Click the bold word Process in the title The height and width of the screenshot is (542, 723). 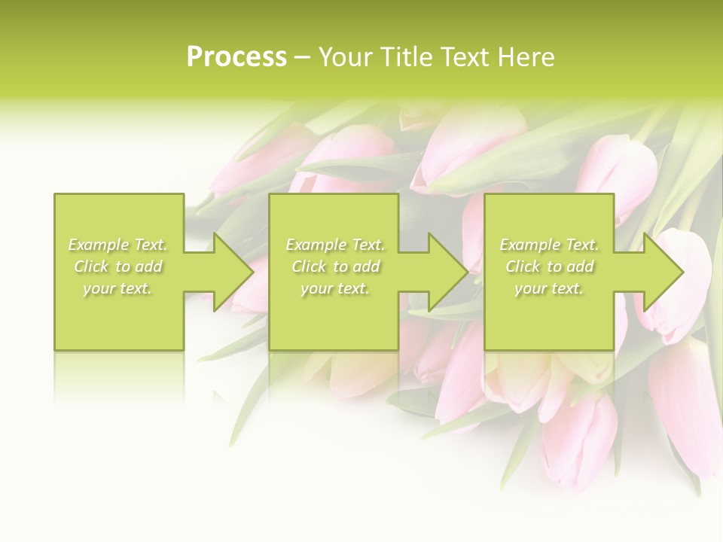click(x=236, y=56)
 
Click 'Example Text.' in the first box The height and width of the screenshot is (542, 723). click(x=118, y=245)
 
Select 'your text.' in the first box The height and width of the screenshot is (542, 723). click(x=118, y=288)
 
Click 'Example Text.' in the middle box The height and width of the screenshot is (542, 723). click(x=335, y=245)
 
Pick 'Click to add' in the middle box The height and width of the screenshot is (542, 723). click(x=335, y=266)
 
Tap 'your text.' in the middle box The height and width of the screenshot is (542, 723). click(x=335, y=288)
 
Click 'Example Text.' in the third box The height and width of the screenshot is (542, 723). click(x=549, y=245)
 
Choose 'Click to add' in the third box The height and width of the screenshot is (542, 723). click(x=549, y=266)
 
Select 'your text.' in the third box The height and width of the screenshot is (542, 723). click(x=549, y=288)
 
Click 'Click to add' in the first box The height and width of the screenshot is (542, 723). click(x=118, y=266)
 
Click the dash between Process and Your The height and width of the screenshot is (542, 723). click(x=303, y=58)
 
